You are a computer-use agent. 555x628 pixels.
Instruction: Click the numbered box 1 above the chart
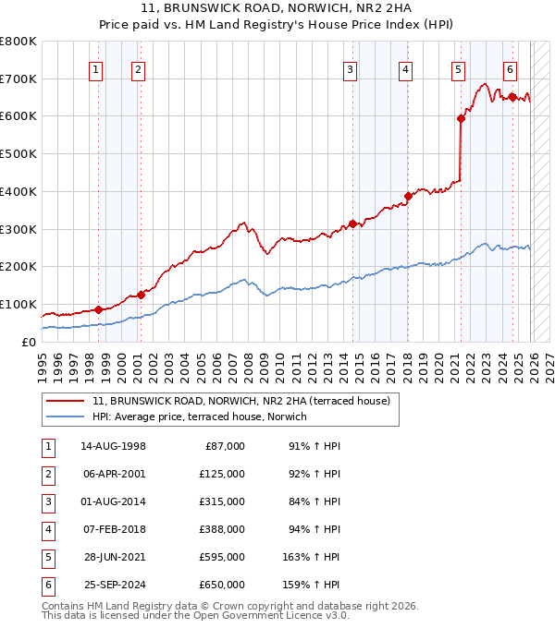(x=96, y=68)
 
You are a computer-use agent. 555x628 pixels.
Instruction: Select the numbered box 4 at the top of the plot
(x=406, y=68)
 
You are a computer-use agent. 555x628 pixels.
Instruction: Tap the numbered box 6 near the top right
(x=510, y=68)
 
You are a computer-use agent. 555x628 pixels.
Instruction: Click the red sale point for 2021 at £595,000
(x=460, y=118)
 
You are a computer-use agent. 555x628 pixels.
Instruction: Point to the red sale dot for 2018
(x=408, y=196)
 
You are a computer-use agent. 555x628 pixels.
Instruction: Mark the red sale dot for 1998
(x=98, y=309)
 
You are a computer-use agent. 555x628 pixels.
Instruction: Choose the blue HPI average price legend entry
(x=199, y=417)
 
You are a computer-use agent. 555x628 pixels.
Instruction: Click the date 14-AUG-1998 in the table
(x=113, y=446)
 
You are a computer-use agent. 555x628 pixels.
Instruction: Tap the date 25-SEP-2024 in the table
(x=113, y=585)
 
